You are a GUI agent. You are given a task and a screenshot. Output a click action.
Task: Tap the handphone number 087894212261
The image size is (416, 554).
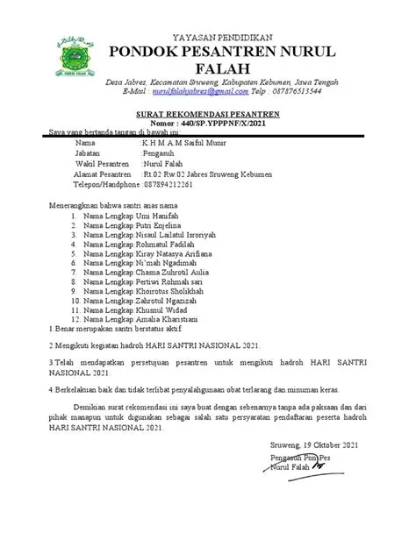168,185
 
